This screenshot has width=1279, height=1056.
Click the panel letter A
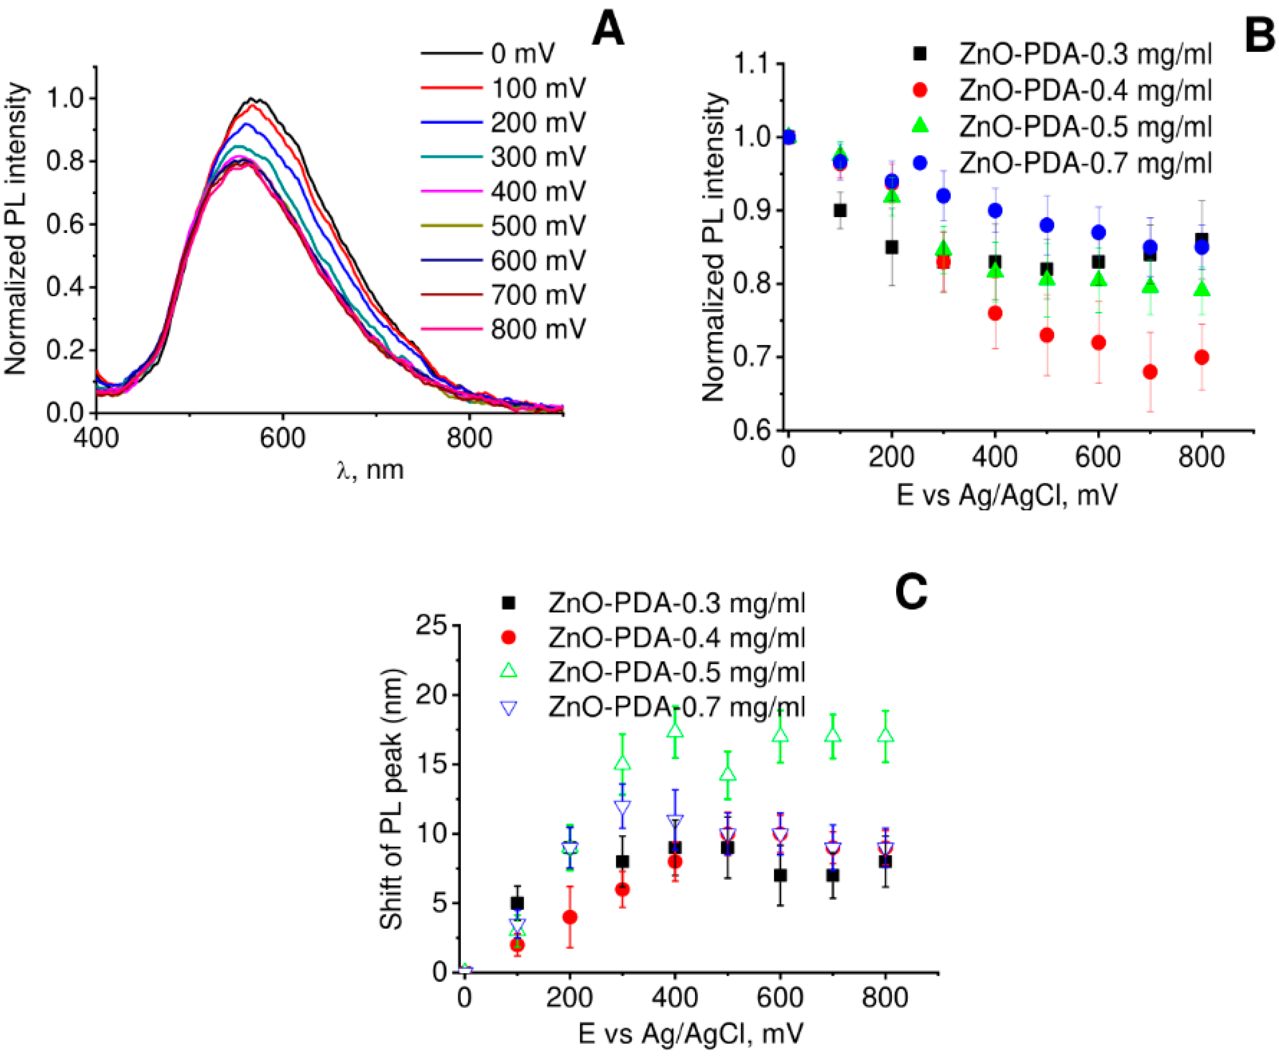point(608,30)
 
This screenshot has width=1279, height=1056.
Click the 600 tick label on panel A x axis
point(282,438)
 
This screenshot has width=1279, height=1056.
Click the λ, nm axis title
point(370,470)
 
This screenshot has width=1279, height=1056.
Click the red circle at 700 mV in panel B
point(1150,372)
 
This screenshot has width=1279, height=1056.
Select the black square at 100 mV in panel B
point(840,210)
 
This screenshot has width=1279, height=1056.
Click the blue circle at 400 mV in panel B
point(995,210)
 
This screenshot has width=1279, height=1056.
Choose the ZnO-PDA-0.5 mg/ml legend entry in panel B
point(1084,127)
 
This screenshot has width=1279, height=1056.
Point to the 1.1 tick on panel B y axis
point(752,64)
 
